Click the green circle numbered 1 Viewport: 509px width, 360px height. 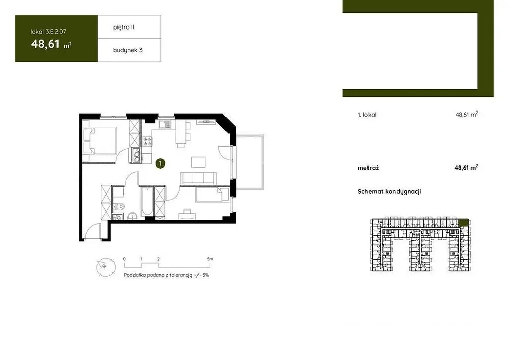coord(160,163)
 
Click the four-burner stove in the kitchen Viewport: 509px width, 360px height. coord(147,141)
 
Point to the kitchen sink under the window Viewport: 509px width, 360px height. coord(164,124)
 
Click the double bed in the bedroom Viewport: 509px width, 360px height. coord(100,141)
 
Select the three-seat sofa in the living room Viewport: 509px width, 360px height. coord(199,178)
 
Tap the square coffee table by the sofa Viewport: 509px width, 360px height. coord(199,161)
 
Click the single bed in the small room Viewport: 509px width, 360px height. coord(212,195)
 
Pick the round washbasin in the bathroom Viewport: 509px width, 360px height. coord(132,216)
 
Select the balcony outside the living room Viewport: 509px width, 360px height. coord(249,162)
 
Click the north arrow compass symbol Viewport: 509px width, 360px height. coord(105,267)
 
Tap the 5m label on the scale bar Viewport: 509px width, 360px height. coord(210,259)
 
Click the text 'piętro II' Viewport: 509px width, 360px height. coord(124,27)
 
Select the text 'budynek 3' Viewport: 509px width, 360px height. coord(128,50)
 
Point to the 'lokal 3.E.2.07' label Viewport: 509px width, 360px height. coord(48,32)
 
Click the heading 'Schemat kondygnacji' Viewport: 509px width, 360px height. coord(389,192)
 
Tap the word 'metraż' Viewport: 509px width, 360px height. coord(368,168)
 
